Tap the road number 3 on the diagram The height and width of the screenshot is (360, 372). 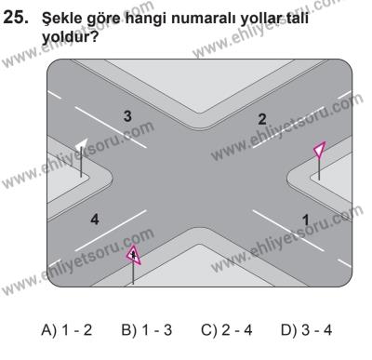[x=129, y=115]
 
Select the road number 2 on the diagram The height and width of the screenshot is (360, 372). [x=262, y=118]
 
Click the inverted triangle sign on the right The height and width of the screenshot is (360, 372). [x=320, y=151]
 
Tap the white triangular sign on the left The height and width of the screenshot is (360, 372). [x=81, y=145]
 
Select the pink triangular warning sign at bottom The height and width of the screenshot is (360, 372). [x=134, y=252]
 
